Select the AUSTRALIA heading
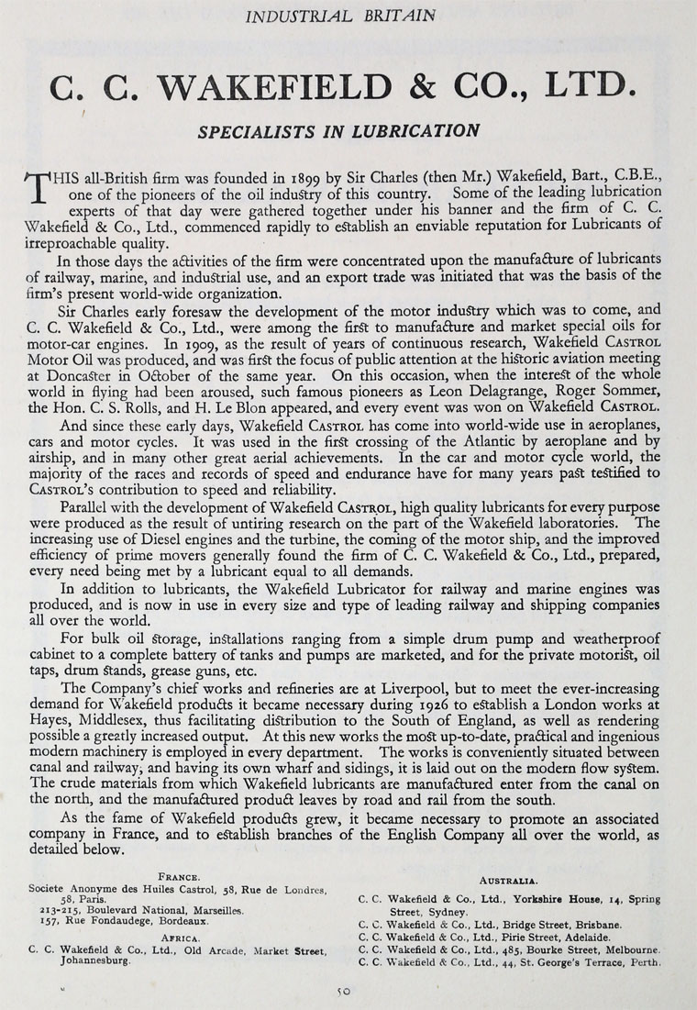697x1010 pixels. pos(509,880)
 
